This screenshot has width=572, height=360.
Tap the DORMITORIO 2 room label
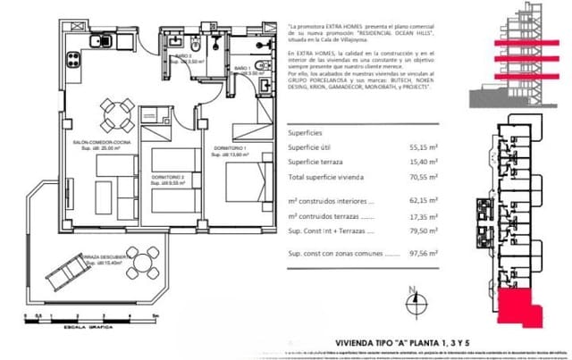click(168, 178)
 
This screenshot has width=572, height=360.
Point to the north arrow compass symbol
click(413, 302)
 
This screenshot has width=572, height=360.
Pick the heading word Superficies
click(306, 130)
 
